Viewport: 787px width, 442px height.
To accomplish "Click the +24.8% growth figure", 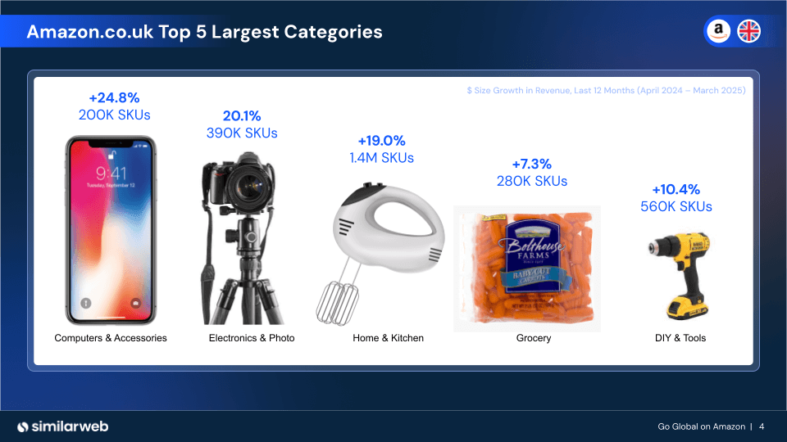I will pos(114,98).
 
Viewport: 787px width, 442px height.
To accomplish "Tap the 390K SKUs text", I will pos(242,133).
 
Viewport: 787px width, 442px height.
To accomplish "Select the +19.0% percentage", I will pos(381,141).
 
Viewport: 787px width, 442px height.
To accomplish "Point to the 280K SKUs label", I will pos(531,181).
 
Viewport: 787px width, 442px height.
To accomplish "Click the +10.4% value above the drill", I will pos(676,189).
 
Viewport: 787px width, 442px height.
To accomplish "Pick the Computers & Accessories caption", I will pos(111,338).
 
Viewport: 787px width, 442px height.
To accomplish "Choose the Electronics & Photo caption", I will pos(252,338).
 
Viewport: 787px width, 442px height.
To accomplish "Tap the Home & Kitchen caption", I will pos(388,338).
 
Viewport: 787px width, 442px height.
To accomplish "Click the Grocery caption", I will pos(534,338).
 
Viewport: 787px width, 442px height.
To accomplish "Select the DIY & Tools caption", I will pos(680,338).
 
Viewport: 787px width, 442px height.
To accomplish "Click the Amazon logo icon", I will pos(718,31).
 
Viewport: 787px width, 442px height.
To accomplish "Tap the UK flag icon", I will pos(748,31).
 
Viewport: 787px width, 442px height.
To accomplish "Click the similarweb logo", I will pos(63,426).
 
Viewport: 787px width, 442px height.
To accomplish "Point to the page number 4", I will pos(762,426).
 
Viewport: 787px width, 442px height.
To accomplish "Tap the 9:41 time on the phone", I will pos(111,174).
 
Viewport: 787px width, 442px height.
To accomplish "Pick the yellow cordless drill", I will pos(678,274).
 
